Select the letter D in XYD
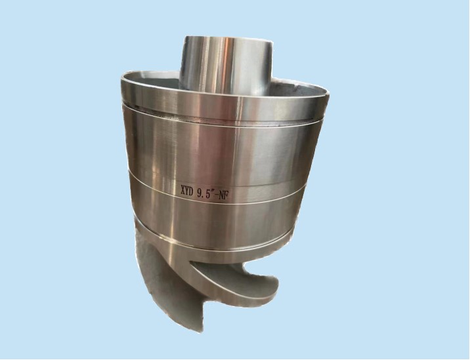tap(193, 191)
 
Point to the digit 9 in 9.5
tap(201, 191)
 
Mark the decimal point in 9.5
tap(205, 194)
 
